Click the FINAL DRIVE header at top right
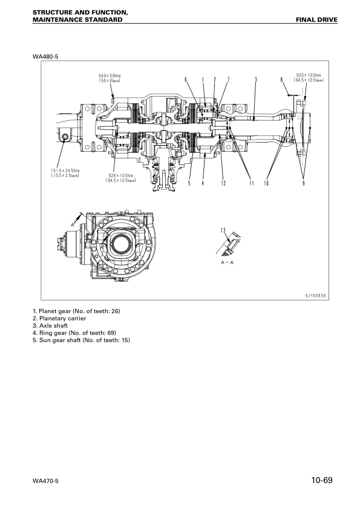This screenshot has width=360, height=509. click(x=316, y=20)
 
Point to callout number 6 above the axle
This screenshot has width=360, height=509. click(x=186, y=79)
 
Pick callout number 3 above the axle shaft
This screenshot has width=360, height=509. click(x=256, y=79)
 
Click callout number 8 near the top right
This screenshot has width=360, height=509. click(x=281, y=79)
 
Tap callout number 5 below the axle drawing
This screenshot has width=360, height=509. click(x=189, y=183)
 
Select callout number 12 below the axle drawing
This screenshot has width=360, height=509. click(x=223, y=183)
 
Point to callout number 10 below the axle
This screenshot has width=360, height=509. click(x=266, y=183)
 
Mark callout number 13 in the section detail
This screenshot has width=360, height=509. click(x=223, y=230)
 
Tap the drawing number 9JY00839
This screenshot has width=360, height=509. click(x=315, y=295)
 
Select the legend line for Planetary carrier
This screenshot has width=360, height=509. click(x=59, y=318)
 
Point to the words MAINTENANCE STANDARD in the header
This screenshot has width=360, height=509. click(x=73, y=20)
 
